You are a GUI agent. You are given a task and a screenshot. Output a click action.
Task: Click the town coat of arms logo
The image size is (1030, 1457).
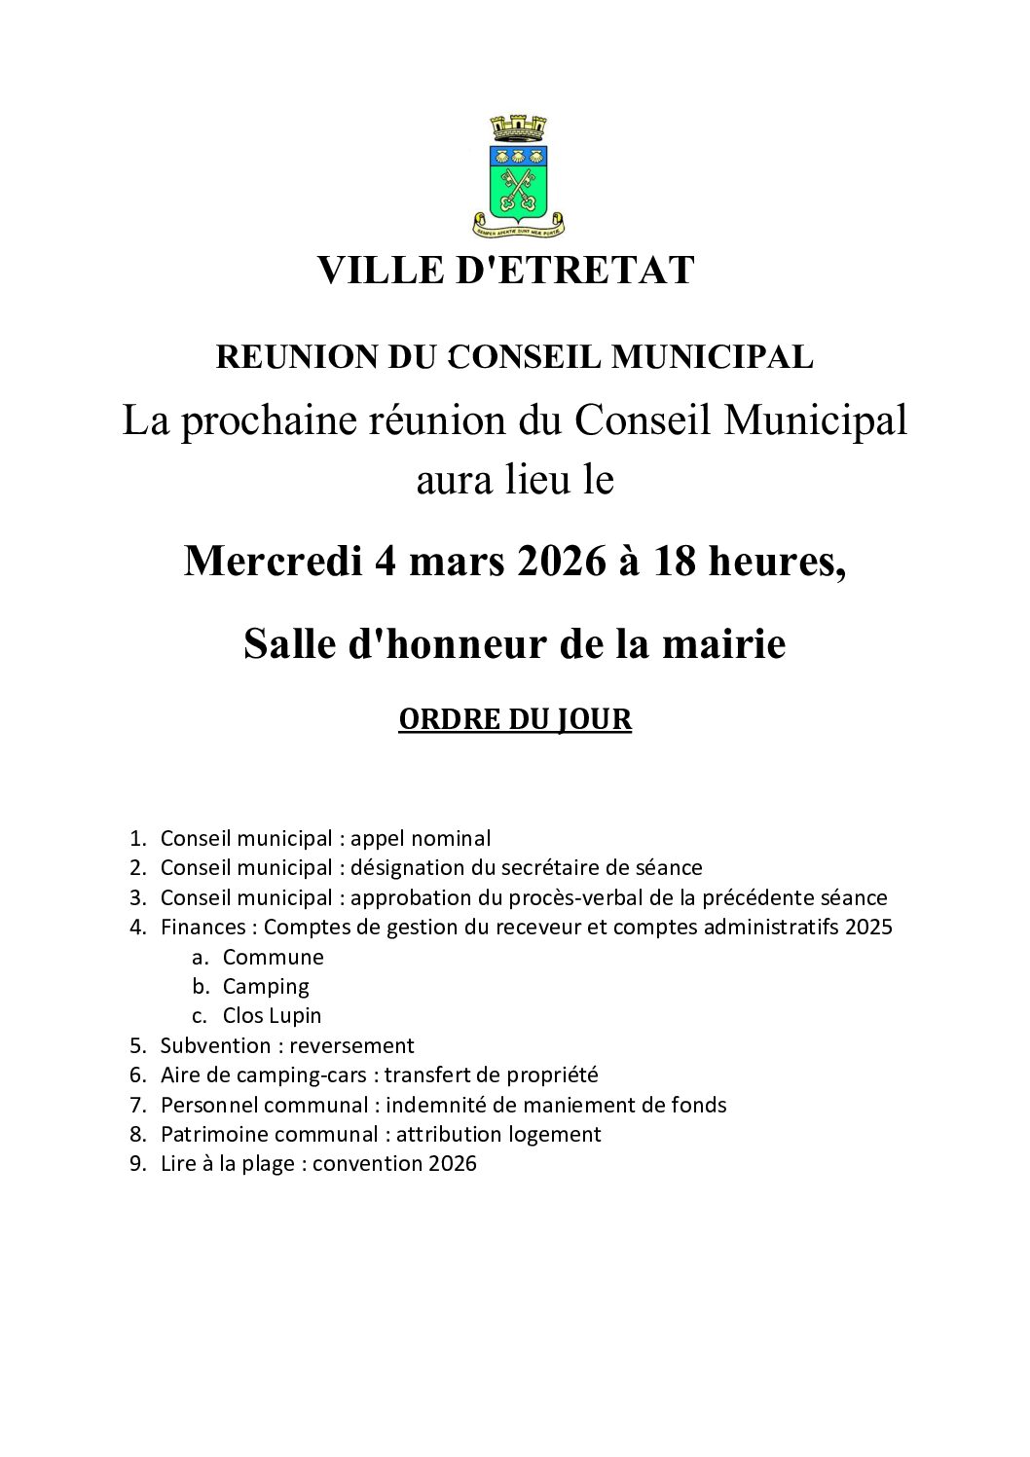pos(517,177)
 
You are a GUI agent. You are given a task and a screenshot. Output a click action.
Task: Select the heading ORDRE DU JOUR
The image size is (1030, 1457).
pos(515,719)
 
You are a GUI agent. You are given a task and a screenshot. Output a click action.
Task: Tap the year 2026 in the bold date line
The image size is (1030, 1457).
pos(561,561)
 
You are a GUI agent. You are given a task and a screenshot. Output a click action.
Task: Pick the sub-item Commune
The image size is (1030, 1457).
pos(273,957)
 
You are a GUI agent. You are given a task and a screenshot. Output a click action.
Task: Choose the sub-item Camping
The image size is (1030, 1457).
pos(266,986)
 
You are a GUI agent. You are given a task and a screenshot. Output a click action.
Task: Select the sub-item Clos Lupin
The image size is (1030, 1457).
pos(272,1015)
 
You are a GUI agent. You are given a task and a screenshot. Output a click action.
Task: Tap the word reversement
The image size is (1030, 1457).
pos(351,1045)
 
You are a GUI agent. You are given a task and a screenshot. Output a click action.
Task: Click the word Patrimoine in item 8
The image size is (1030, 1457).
pos(214,1134)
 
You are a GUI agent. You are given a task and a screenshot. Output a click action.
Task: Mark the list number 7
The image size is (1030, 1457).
pos(137,1105)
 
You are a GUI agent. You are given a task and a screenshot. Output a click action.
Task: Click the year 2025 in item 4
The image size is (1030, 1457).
pos(868,927)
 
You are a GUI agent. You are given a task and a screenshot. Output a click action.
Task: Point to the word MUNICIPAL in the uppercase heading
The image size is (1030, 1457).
pos(713,357)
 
